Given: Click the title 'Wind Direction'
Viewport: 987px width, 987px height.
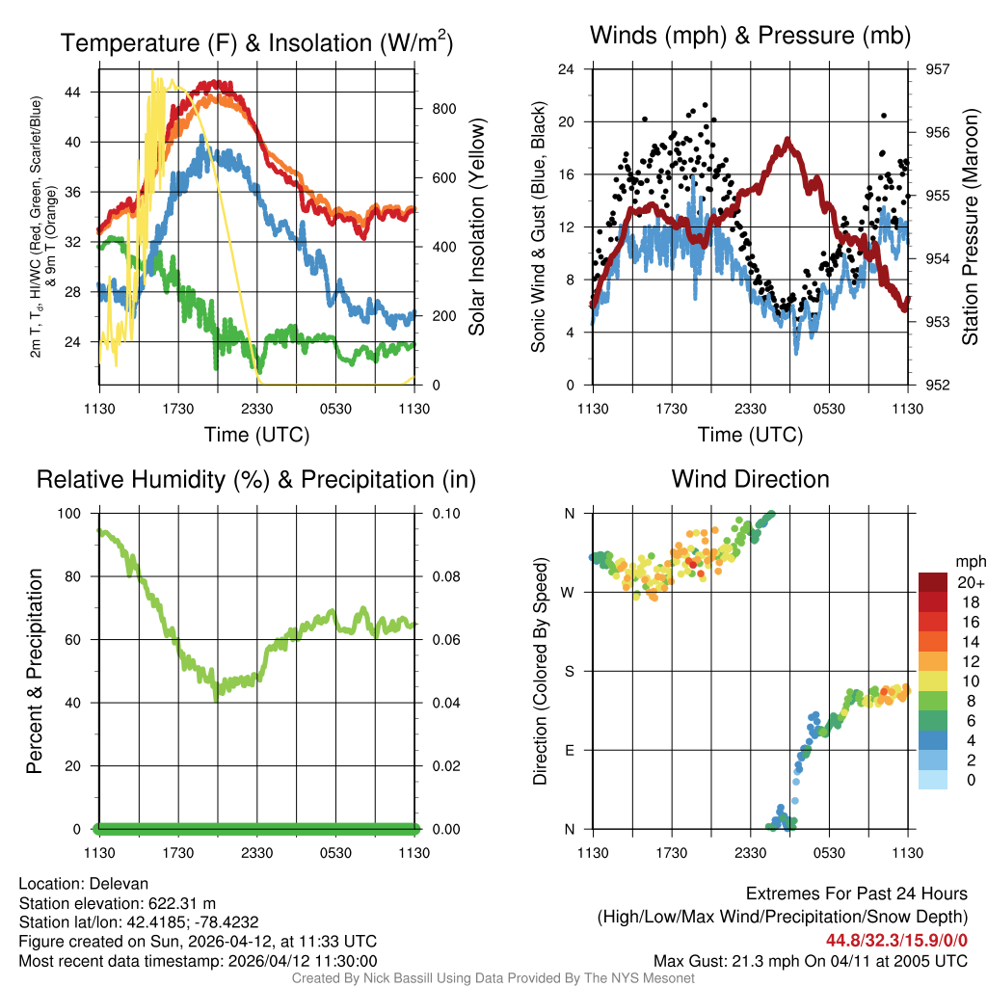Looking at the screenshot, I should tap(750, 479).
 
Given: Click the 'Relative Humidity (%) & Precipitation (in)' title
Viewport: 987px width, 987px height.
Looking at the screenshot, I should tap(256, 479).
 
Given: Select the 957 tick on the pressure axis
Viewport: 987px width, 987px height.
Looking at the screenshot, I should tap(939, 69).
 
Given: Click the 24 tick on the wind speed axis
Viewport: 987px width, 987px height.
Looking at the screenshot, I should tap(567, 69).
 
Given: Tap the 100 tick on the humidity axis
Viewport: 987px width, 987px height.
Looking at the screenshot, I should tap(73, 513).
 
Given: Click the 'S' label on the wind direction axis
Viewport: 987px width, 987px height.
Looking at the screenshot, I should tap(569, 671).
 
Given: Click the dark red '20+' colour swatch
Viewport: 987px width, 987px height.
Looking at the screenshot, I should tap(933, 582).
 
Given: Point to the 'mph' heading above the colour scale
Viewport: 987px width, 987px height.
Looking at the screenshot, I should tap(969, 561).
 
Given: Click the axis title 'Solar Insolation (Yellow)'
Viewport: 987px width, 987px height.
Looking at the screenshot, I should tap(476, 227).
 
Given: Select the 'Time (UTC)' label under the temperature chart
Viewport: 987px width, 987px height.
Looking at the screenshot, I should tap(256, 435).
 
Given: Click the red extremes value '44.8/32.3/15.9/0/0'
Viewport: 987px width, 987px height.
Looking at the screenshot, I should tap(896, 940).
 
